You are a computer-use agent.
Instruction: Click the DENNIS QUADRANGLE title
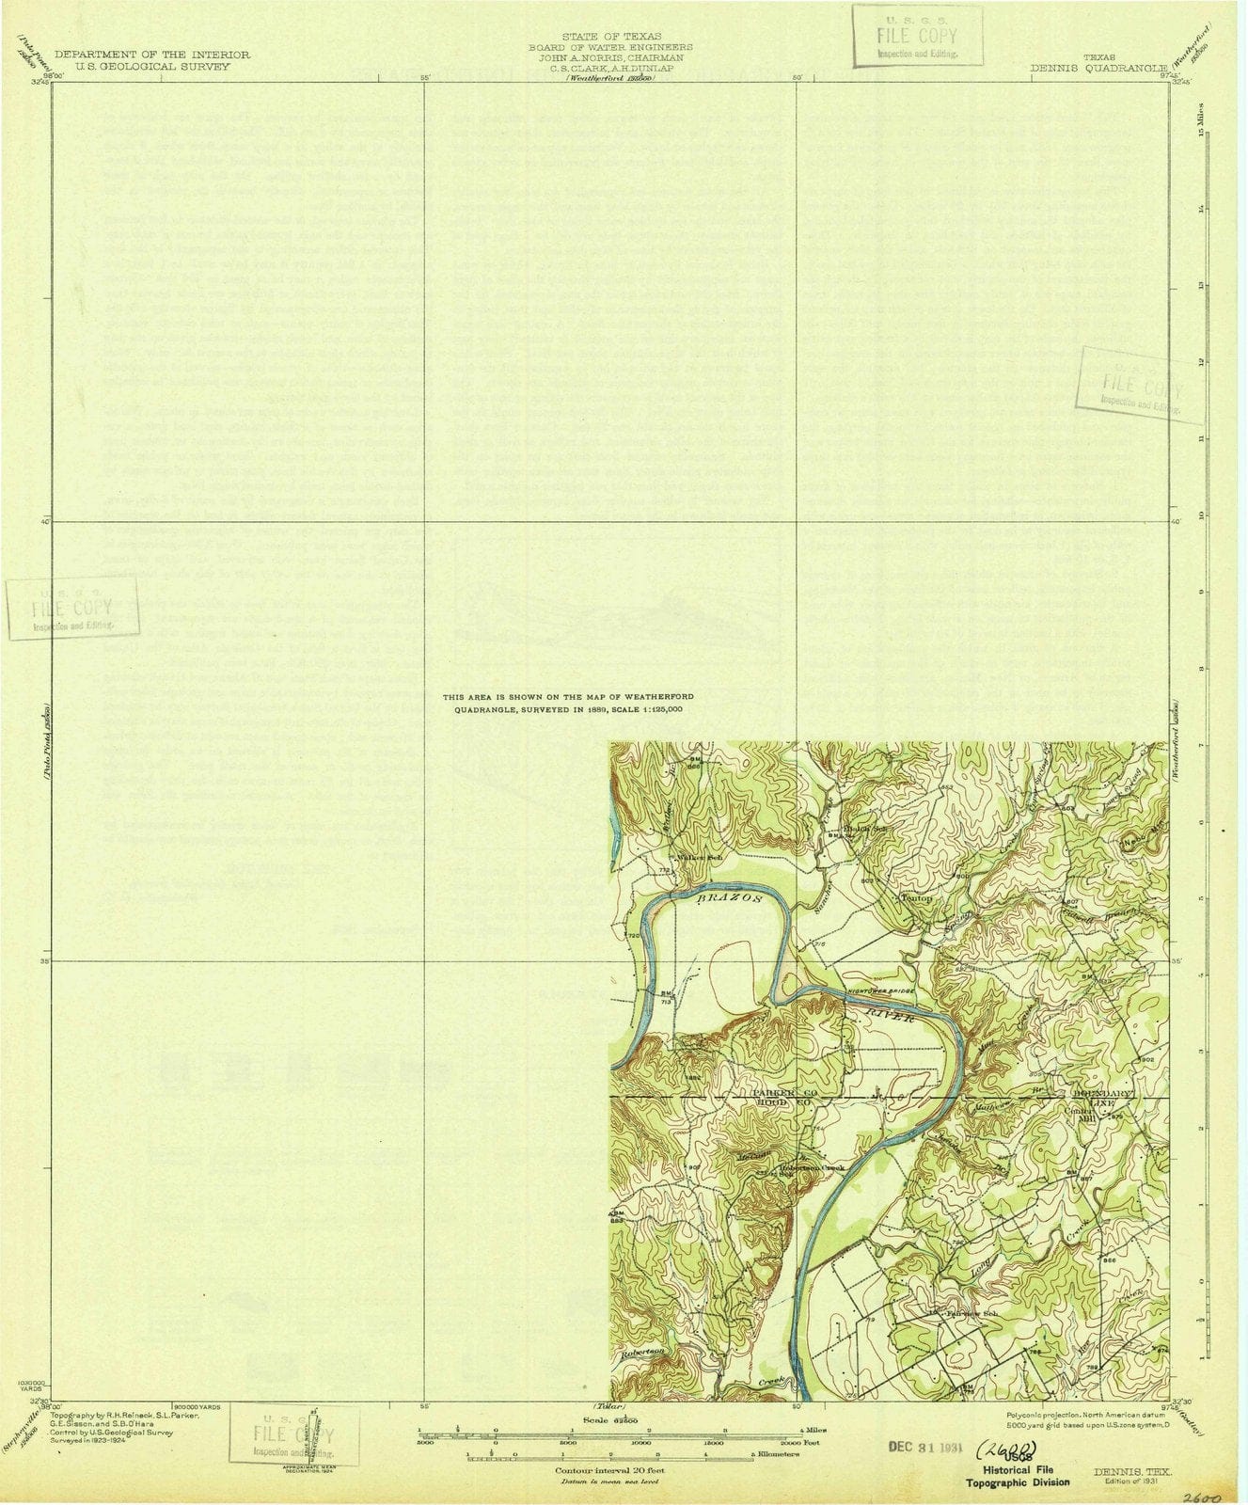pyautogui.click(x=1098, y=68)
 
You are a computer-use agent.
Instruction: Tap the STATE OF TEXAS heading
pyautogui.click(x=610, y=37)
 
